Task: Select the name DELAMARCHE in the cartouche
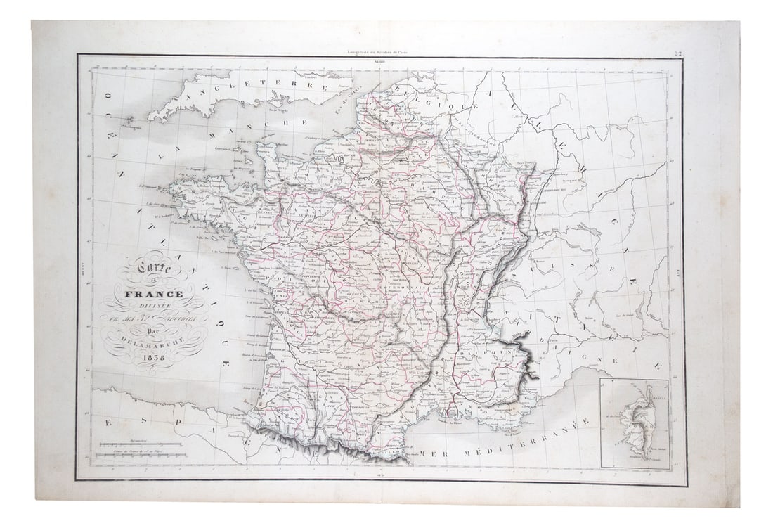[x=155, y=342]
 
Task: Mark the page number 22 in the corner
[x=677, y=53]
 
